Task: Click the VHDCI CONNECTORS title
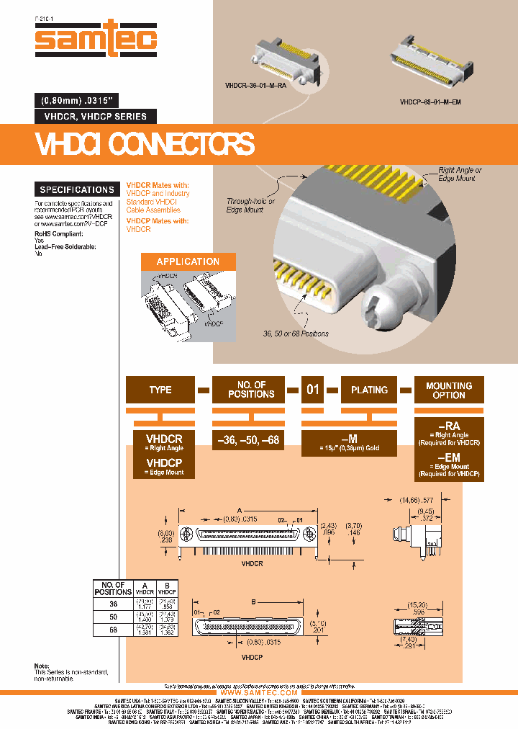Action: (145, 144)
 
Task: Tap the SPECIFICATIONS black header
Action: (77, 189)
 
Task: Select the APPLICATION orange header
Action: (188, 261)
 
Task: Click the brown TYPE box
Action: (160, 390)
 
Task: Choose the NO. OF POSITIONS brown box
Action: (251, 390)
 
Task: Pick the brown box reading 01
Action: (313, 390)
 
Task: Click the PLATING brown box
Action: (369, 390)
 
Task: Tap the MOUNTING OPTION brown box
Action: (449, 390)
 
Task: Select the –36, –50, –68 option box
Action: (251, 438)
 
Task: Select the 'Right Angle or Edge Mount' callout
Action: (460, 174)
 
